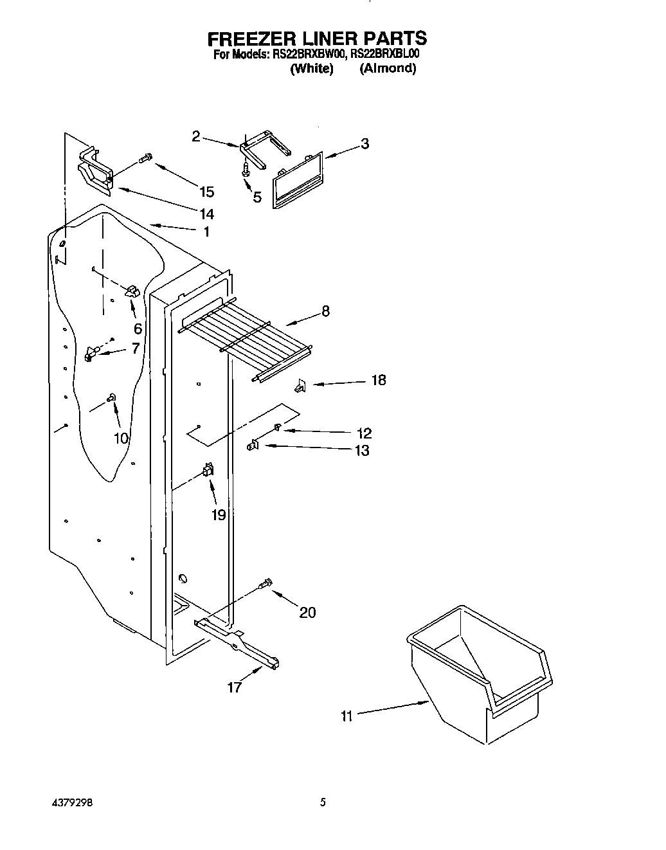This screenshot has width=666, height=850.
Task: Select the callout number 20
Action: point(307,613)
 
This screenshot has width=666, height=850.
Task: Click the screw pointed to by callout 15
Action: point(145,158)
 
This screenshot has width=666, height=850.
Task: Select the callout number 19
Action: point(219,514)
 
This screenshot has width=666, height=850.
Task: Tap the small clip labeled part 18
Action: point(300,386)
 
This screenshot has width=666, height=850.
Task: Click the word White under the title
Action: point(312,69)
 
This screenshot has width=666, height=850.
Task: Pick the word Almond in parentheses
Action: point(388,69)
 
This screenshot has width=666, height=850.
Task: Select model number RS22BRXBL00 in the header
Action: point(384,55)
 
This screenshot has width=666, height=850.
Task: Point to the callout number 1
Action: point(206,232)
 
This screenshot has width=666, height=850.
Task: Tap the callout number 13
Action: point(362,451)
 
